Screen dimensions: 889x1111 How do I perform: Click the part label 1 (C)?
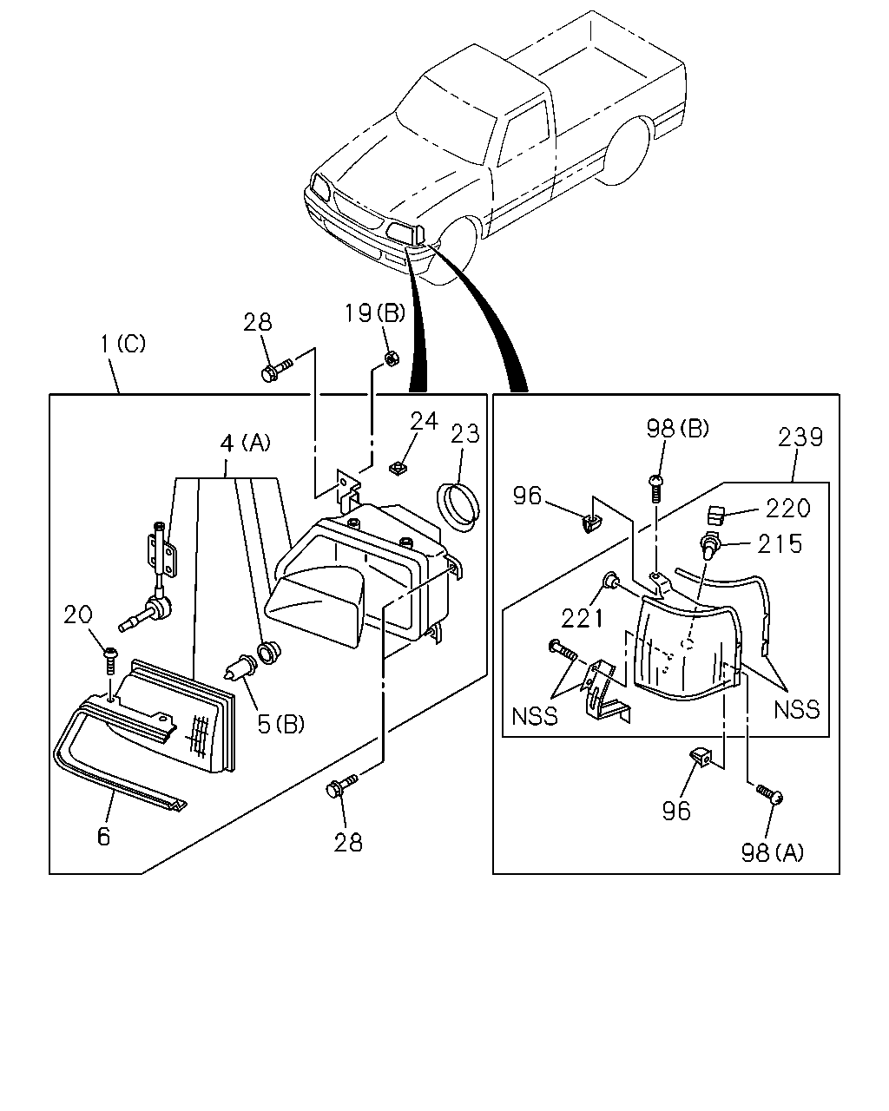pyautogui.click(x=123, y=344)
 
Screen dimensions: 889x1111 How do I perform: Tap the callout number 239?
pyautogui.click(x=800, y=437)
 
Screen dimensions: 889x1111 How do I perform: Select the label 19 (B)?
pyautogui.click(x=375, y=312)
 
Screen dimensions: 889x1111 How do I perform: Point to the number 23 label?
pyautogui.click(x=465, y=434)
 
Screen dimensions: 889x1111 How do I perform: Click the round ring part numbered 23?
pyautogui.click(x=458, y=506)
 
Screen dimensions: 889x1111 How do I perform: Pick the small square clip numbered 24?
pyautogui.click(x=398, y=469)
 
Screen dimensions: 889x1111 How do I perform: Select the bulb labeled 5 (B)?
pyautogui.click(x=238, y=666)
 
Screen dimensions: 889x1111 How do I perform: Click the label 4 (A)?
pyautogui.click(x=245, y=444)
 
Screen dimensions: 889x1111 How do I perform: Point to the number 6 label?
pyautogui.click(x=104, y=837)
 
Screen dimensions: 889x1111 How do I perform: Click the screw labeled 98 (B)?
pyautogui.click(x=656, y=488)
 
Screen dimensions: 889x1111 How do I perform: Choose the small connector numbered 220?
pyautogui.click(x=715, y=514)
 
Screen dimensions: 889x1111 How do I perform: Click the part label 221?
pyautogui.click(x=583, y=618)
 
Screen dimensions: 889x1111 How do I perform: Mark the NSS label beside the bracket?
pyautogui.click(x=535, y=717)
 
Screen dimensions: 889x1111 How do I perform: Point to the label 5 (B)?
pyautogui.click(x=281, y=724)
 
